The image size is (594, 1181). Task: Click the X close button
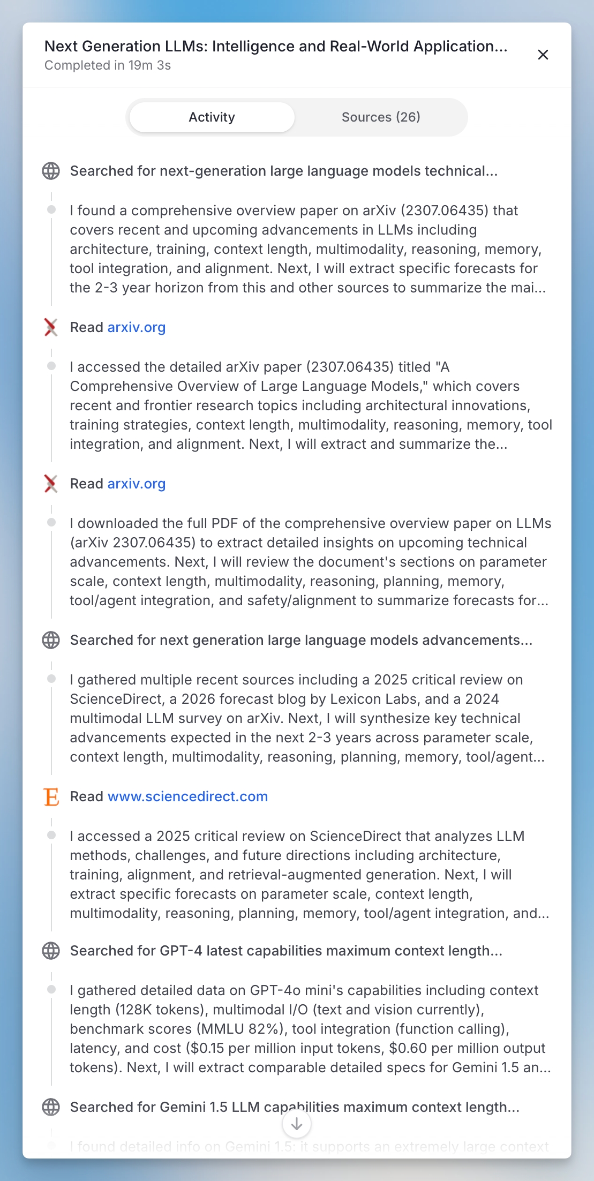click(x=543, y=55)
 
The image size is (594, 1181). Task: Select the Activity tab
click(x=212, y=117)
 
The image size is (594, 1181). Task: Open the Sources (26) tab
click(x=381, y=117)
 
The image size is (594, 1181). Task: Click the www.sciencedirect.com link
click(x=187, y=796)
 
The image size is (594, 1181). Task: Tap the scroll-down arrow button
click(x=296, y=1124)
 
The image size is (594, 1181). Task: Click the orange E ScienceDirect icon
click(x=51, y=797)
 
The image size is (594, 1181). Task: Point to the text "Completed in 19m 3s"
click(x=108, y=65)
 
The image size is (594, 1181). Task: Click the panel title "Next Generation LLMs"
click(x=275, y=46)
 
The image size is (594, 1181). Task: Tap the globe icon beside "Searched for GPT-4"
click(x=51, y=951)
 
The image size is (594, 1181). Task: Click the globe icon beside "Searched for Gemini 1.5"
click(x=51, y=1107)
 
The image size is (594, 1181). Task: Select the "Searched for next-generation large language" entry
click(x=284, y=171)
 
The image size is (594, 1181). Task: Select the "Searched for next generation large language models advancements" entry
click(x=301, y=640)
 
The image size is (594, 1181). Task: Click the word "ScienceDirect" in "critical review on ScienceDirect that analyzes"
click(x=356, y=836)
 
